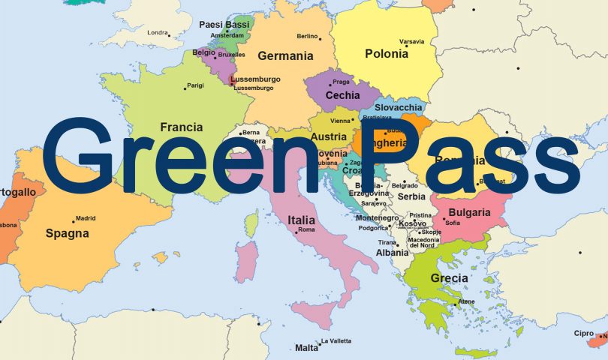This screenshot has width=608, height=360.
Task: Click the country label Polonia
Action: coord(387,54)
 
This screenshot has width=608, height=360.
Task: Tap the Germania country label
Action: coord(285,55)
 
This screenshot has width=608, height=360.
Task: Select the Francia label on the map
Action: coord(182,127)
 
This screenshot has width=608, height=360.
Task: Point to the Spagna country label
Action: coord(68,233)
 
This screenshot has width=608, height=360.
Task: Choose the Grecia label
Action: coord(450,278)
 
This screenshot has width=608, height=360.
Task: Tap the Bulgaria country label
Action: coord(470,212)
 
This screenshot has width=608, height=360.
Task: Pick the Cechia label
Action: coord(342,95)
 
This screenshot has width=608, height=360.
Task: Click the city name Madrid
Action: coord(86,219)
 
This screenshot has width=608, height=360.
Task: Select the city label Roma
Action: coord(306,230)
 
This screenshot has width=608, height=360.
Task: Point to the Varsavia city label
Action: coord(411,41)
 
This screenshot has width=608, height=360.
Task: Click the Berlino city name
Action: coord(307,36)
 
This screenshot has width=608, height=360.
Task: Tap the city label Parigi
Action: coord(195,85)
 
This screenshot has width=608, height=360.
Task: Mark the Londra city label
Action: coord(158,33)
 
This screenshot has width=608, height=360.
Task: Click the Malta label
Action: coord(306,348)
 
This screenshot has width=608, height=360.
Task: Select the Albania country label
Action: coord(393,253)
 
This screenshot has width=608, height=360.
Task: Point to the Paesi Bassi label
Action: coord(224,25)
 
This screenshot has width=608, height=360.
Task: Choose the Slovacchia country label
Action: coord(399,107)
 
